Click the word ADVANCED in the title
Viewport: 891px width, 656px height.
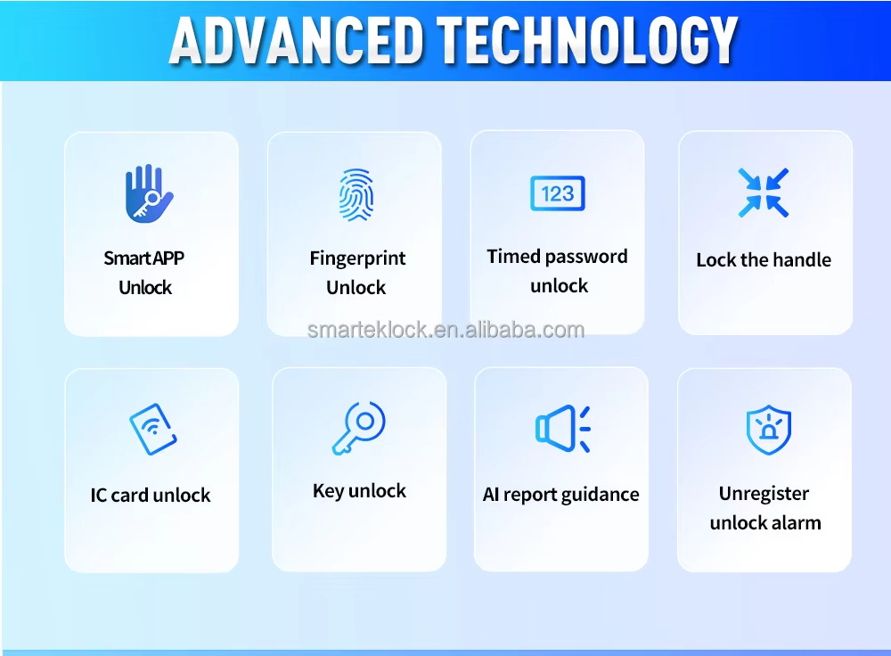pos(297,40)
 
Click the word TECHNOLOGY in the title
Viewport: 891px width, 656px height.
pos(587,40)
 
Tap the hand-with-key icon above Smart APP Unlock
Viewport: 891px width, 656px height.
pos(149,193)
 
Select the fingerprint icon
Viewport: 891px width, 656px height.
pos(356,194)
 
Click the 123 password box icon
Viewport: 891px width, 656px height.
pos(558,193)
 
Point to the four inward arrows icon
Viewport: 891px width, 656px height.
pos(764,193)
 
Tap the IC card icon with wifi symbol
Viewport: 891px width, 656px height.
pos(153,430)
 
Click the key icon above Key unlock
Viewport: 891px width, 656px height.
pos(358,428)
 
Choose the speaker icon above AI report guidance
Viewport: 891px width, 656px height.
pos(563,429)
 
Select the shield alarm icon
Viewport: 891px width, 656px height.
pos(768,430)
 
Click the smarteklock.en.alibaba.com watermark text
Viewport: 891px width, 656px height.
pos(445,330)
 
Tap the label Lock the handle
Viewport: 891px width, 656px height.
pos(764,259)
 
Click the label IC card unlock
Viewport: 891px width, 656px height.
pos(151,496)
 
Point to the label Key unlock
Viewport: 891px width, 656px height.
pos(359,491)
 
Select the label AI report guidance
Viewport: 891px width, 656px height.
pos(560,495)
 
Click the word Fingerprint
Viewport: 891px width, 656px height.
pos(357,258)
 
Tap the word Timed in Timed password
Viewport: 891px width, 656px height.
pos(512,257)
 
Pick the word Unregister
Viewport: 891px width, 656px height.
pos(764,494)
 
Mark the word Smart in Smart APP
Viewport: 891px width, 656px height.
pos(127,258)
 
